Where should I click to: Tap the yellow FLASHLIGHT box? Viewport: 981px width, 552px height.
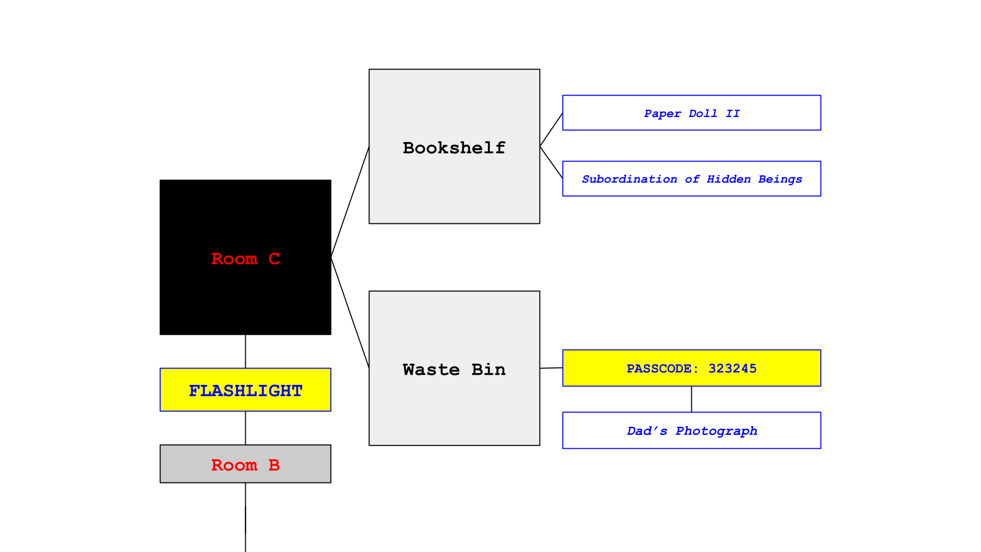(245, 390)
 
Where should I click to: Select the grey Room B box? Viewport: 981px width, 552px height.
(245, 464)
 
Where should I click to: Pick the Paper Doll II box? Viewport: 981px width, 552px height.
(691, 113)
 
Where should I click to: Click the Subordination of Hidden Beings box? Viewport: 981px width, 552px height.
(691, 179)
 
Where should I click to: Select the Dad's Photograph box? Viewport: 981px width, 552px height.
(691, 430)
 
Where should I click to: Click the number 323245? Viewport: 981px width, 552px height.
(732, 369)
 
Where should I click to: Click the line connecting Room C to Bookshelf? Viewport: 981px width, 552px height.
(350, 202)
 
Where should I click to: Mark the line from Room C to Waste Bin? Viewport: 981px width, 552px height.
(350, 313)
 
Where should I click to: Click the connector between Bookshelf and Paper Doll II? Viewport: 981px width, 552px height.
(551, 130)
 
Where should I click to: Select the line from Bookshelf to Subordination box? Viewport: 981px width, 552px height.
(551, 163)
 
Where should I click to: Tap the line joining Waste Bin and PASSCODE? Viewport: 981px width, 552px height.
(551, 368)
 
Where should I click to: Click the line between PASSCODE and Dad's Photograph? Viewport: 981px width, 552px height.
(691, 399)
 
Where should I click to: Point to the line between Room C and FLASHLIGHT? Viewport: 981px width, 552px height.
(245, 352)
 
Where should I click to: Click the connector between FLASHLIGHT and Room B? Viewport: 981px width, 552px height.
(245, 428)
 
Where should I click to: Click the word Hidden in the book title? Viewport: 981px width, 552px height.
(728, 179)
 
